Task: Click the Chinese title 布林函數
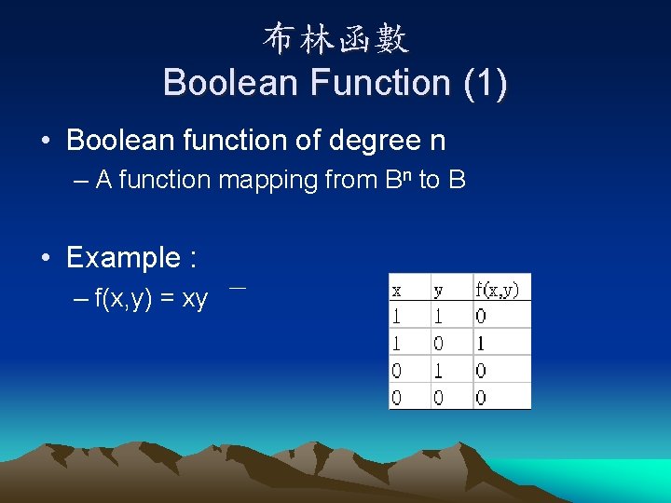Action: [335, 39]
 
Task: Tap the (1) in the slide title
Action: [485, 83]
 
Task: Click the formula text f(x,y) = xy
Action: [151, 299]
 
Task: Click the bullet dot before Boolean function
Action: [45, 142]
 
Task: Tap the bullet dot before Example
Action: [45, 257]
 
